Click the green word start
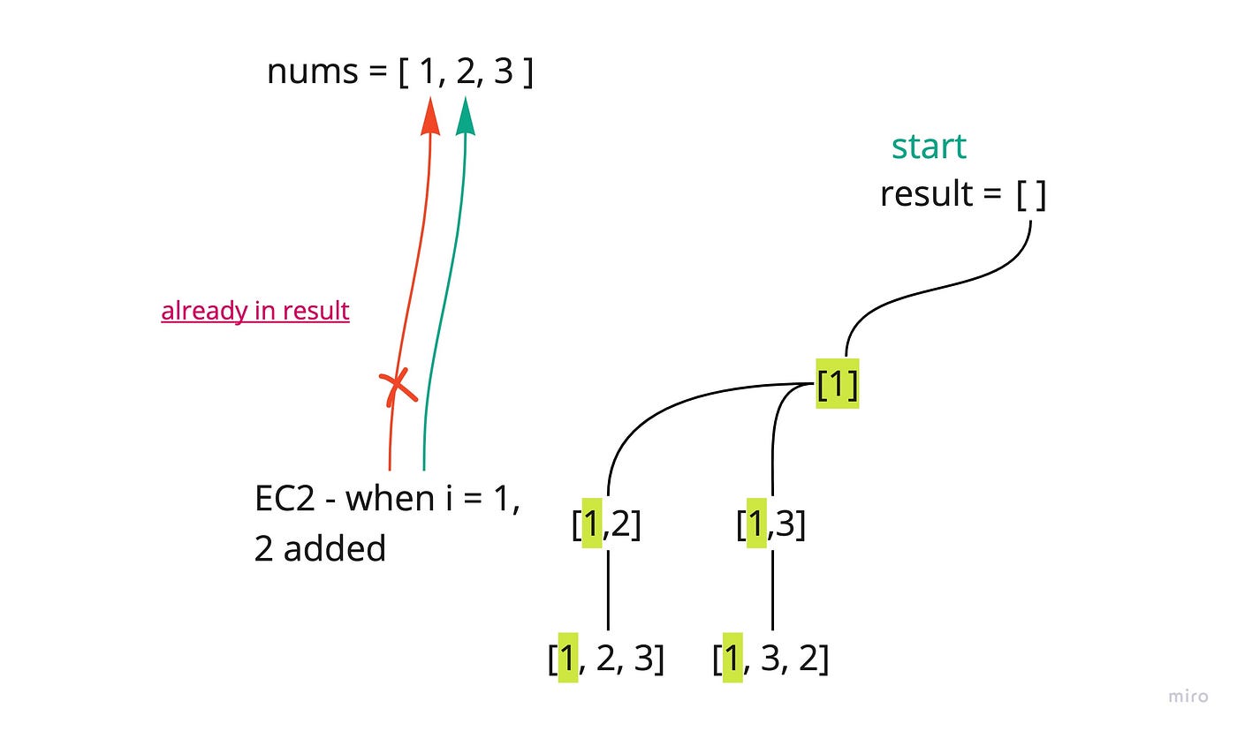[929, 147]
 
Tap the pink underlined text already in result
[255, 311]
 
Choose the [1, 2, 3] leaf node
[606, 659]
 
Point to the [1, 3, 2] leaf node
[770, 659]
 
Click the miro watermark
[1188, 697]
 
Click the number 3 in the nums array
[503, 72]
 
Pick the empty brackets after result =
[1031, 194]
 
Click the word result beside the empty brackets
[927, 194]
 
